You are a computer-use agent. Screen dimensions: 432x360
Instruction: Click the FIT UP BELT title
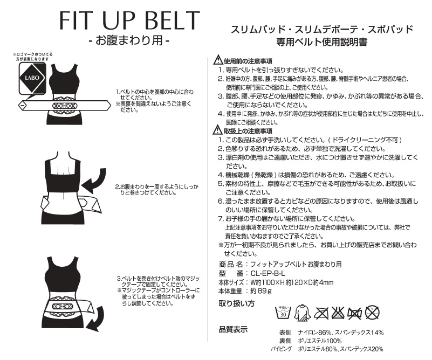[x=129, y=20]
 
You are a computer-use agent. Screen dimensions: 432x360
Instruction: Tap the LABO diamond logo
[x=32, y=78]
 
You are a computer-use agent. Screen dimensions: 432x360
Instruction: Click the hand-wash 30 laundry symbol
[x=283, y=313]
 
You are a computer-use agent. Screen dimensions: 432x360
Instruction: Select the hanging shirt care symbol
[x=302, y=313]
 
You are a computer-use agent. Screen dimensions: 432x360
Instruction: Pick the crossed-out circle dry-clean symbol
[x=372, y=313]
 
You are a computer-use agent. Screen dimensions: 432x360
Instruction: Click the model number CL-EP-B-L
[x=268, y=273]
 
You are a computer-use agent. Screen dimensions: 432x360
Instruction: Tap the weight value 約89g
[x=261, y=290]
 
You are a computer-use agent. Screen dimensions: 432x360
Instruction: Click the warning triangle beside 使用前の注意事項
[x=218, y=59]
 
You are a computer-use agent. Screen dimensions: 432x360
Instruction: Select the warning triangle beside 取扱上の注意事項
[x=218, y=129]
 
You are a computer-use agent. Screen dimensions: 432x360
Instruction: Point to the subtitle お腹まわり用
[x=129, y=41]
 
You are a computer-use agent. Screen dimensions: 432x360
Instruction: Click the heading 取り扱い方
[x=236, y=303]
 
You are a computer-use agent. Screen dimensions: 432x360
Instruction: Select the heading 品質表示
[x=233, y=329]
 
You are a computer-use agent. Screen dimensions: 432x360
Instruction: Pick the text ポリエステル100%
[x=320, y=341]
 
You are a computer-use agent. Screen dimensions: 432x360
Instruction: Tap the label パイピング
[x=281, y=349]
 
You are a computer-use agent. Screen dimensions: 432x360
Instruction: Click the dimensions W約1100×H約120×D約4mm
[x=292, y=282]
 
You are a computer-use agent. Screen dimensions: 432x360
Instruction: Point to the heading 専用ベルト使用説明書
[x=322, y=42]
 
